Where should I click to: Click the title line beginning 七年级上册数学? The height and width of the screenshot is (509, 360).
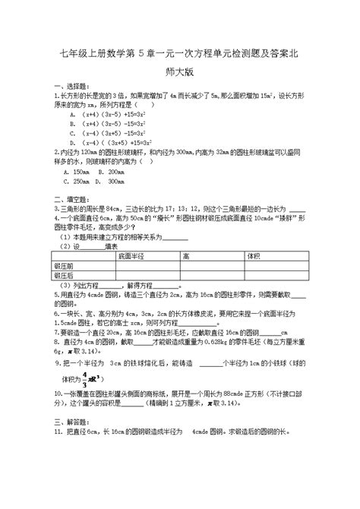click(x=179, y=52)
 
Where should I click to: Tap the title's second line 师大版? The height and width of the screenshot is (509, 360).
click(x=180, y=74)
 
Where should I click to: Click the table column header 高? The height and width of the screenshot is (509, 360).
click(x=185, y=256)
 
